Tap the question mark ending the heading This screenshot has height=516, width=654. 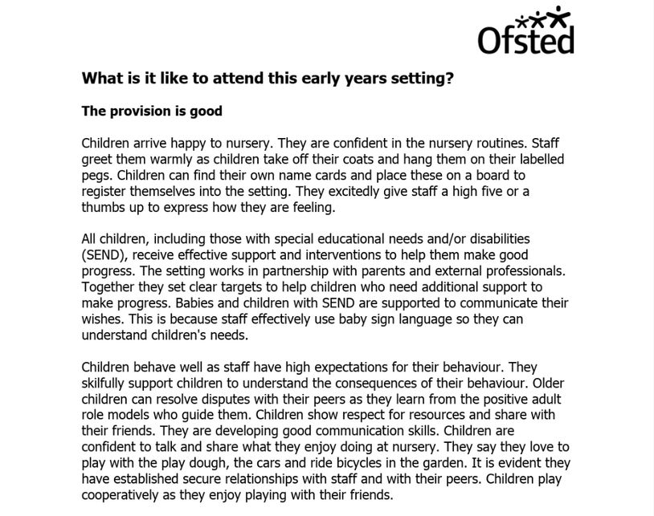tap(450, 79)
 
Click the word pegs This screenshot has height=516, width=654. tap(96, 174)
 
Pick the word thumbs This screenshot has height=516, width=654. tap(103, 206)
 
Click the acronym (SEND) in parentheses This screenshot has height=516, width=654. tap(104, 255)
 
